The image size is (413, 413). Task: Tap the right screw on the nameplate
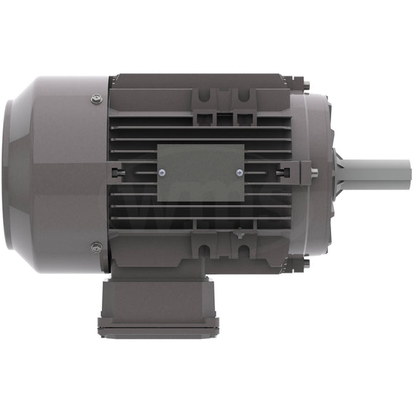[237, 171]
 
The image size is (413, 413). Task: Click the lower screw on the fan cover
[97, 247]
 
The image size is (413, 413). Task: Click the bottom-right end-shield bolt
[305, 263]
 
